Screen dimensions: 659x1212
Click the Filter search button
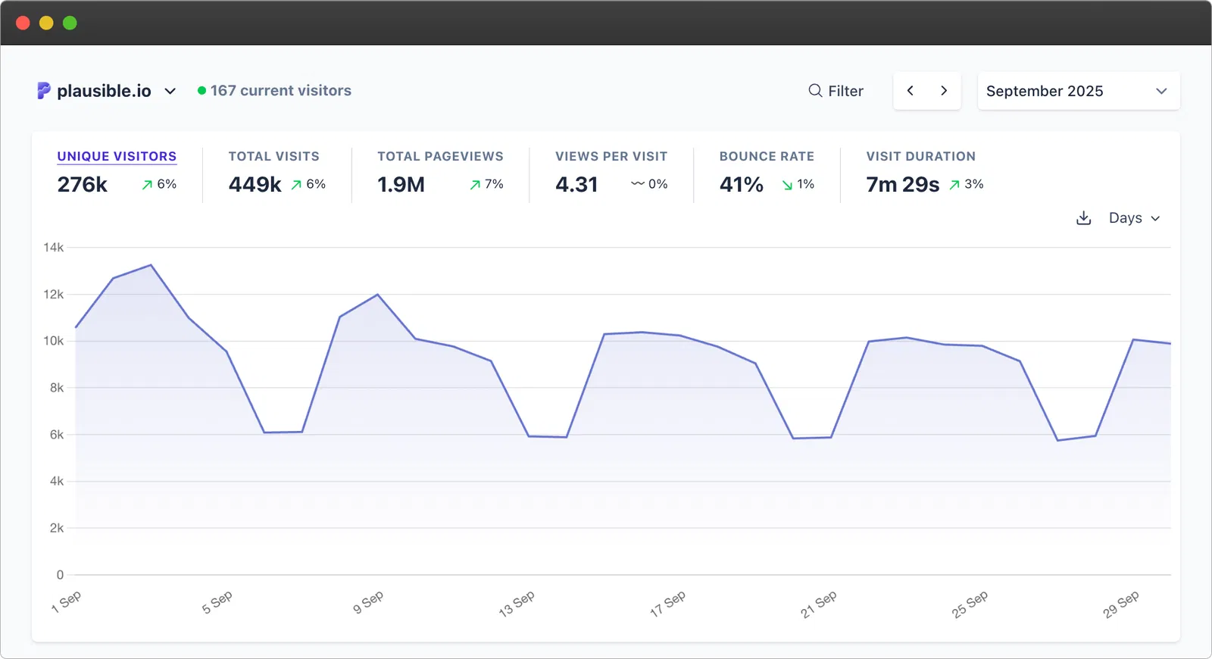tap(836, 91)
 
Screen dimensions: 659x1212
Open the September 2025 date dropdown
tap(1077, 91)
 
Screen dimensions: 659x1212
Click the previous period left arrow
tap(911, 91)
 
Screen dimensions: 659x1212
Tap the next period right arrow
tap(944, 91)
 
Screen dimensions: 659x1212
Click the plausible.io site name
tap(104, 91)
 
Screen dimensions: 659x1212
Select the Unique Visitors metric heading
tap(117, 156)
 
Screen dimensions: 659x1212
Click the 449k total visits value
tap(255, 184)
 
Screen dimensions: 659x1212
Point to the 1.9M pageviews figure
tap(401, 184)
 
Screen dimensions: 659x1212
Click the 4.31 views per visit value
tap(576, 184)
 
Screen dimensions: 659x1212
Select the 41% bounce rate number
tap(741, 184)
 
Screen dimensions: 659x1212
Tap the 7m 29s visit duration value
tap(902, 184)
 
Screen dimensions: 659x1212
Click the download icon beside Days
tap(1084, 218)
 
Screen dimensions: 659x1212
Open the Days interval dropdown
tap(1134, 218)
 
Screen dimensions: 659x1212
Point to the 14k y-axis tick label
tap(53, 248)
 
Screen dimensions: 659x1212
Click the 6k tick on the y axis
tap(56, 435)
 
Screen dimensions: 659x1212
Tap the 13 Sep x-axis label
tap(517, 604)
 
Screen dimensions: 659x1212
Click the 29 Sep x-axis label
tap(1120, 604)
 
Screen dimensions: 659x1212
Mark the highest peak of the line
tap(151, 265)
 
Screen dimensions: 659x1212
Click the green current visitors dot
tap(201, 91)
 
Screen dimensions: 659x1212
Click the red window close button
tap(23, 23)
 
